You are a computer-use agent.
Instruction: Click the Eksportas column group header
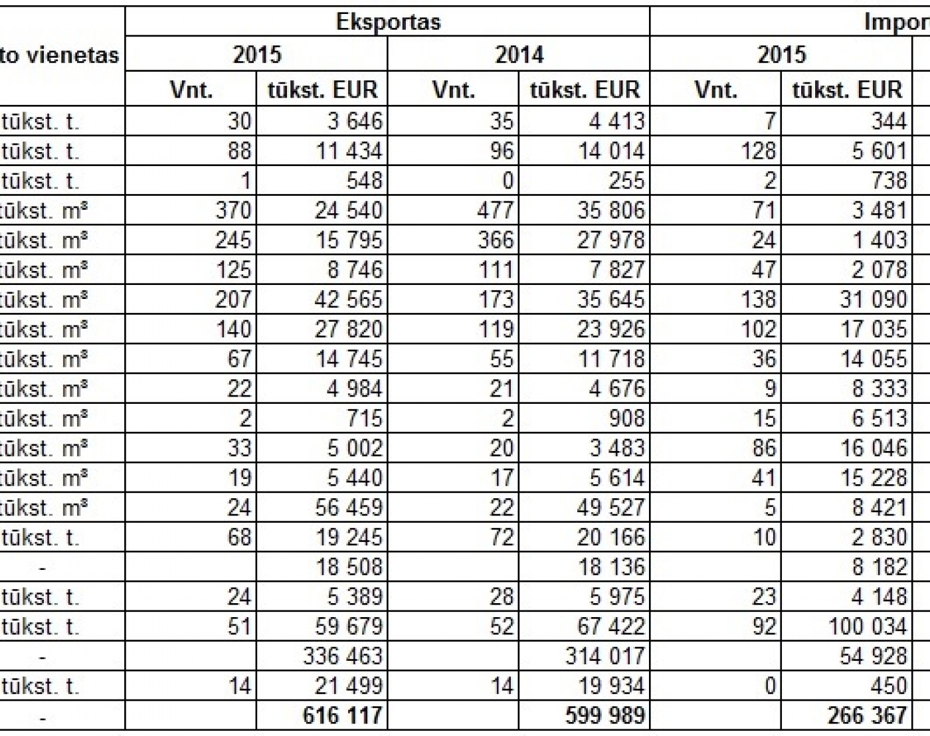[388, 22]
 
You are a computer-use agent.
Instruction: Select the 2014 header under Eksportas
[519, 54]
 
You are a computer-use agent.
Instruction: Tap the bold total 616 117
[342, 715]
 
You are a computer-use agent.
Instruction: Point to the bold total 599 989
[605, 715]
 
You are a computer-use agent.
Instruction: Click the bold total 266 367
[867, 715]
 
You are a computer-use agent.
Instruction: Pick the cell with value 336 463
[343, 656]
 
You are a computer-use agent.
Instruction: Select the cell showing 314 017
[605, 656]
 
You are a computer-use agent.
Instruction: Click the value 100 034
[868, 626]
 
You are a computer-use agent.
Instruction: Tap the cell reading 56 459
[349, 507]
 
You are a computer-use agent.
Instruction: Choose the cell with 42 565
[349, 299]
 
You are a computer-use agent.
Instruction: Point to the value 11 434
[349, 151]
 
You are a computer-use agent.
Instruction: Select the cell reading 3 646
[355, 121]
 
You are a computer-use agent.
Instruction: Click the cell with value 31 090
[873, 299]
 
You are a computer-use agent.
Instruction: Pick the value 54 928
[873, 656]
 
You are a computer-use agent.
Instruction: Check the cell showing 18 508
[349, 567]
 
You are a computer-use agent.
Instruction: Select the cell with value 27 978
[611, 240]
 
